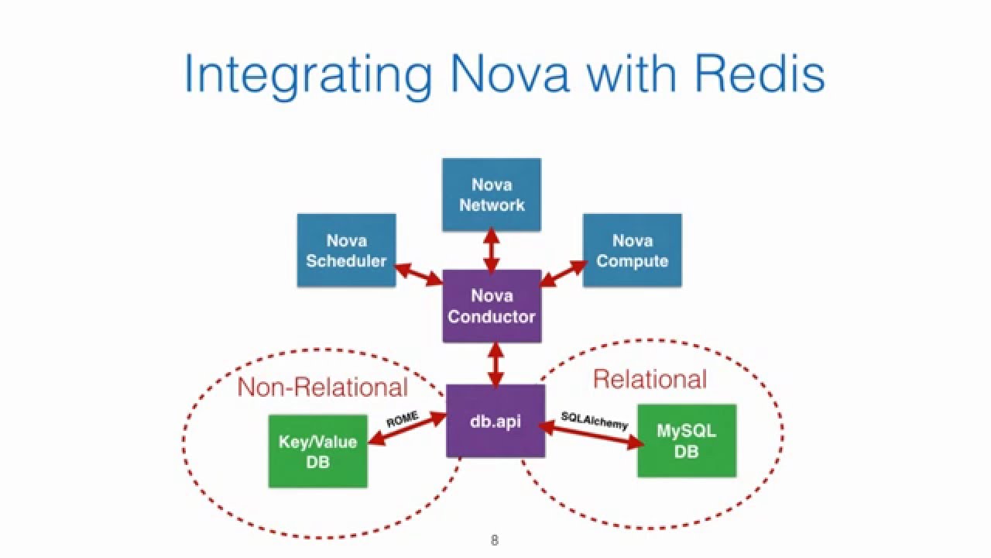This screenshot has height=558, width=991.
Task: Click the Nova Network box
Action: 492,195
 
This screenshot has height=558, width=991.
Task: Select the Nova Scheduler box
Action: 346,251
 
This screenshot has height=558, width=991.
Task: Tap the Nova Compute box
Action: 632,251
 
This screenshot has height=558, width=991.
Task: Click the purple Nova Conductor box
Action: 492,306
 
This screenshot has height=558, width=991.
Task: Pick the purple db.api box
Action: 495,421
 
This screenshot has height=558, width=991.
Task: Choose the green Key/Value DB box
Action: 317,451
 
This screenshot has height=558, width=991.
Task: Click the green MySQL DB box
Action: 686,440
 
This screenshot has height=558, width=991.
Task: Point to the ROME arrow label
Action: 403,419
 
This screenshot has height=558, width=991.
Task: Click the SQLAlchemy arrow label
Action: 595,420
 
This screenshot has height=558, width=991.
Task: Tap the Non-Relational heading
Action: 322,387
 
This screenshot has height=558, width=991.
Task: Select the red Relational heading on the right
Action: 650,379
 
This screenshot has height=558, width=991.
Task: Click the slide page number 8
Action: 495,540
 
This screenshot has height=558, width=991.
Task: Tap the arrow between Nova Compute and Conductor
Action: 564,273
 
